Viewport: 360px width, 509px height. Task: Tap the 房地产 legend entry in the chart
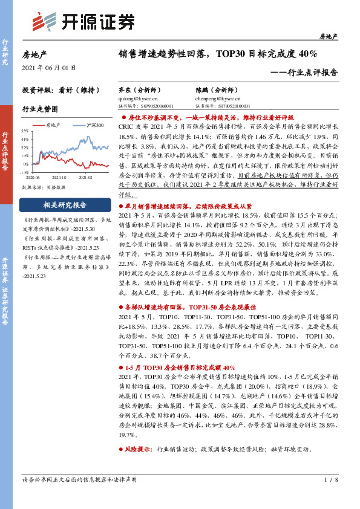(x=51, y=125)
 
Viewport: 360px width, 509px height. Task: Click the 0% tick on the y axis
(x=25, y=164)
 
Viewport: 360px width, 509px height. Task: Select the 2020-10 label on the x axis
(x=59, y=178)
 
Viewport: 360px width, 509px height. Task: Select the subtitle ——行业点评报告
(x=303, y=71)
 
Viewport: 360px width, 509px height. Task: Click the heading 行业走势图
(x=39, y=109)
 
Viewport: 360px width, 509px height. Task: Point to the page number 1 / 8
(x=330, y=479)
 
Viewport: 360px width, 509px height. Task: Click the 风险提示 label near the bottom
(x=139, y=449)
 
